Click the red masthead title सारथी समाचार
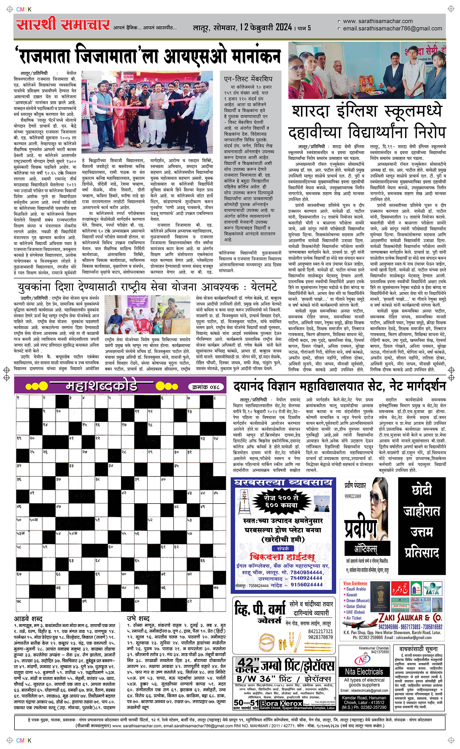[x=63, y=25]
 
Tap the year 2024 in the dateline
[x=284, y=27]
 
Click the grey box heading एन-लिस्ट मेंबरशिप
[x=248, y=79]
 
